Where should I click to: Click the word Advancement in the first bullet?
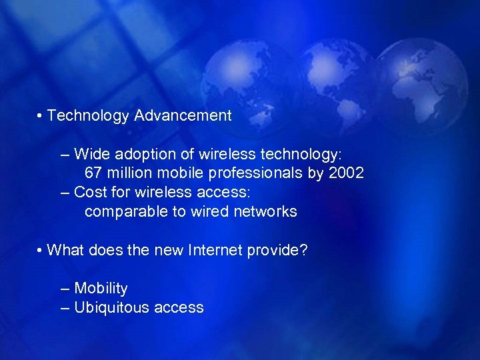click(183, 115)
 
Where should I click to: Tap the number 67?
click(93, 173)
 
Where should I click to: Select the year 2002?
click(347, 173)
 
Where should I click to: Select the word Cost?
click(89, 193)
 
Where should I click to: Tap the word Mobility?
click(101, 289)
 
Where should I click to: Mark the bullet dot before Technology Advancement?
click(41, 117)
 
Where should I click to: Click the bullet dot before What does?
click(41, 252)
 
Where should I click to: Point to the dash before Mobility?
click(64, 289)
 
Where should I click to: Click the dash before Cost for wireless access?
click(64, 193)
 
